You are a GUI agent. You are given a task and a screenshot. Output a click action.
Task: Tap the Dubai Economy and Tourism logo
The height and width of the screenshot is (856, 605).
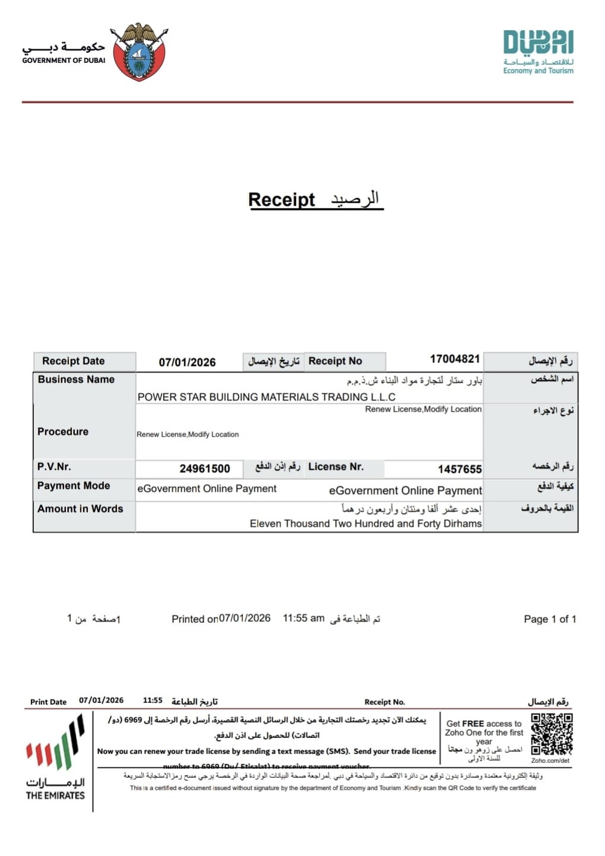[x=538, y=52]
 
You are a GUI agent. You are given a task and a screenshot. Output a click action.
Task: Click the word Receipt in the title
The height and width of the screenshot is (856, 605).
[x=281, y=200]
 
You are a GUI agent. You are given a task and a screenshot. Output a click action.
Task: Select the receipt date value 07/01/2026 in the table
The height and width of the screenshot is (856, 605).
[x=187, y=362]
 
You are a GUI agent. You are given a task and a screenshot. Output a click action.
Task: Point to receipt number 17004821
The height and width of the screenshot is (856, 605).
[x=454, y=359]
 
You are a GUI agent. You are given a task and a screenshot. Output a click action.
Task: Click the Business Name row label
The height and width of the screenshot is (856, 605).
[x=76, y=380]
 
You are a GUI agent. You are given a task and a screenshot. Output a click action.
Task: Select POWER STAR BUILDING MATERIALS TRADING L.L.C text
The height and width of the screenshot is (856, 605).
[x=266, y=397]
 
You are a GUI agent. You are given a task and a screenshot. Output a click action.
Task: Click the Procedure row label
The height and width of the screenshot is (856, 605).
[x=63, y=432]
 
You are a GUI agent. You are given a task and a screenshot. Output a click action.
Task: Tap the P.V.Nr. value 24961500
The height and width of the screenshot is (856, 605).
[x=205, y=469]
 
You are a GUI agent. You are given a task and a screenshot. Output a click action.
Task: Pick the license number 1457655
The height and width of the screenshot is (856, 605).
[x=460, y=469]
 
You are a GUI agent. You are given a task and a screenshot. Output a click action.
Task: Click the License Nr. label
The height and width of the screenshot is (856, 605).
[x=336, y=467]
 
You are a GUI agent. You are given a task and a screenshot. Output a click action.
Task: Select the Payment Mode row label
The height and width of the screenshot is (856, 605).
[x=74, y=486]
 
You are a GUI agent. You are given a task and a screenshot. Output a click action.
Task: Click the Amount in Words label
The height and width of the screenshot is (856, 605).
[x=80, y=509]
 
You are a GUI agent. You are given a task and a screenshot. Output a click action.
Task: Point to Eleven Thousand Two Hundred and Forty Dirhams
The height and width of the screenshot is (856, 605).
[x=365, y=524]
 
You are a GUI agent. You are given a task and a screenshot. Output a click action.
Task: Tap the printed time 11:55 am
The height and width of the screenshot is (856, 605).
[x=304, y=618]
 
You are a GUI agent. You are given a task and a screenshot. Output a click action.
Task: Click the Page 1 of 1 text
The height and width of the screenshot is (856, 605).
[x=550, y=619]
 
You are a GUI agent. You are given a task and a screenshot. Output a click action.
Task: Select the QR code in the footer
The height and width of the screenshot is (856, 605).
[x=552, y=734]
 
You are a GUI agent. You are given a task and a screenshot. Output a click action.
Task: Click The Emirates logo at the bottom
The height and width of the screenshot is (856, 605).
[x=55, y=760]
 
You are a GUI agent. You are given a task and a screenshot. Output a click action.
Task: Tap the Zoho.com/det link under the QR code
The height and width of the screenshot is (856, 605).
[x=550, y=760]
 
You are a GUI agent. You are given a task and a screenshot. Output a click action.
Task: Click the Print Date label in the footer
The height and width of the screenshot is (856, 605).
[x=49, y=702]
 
